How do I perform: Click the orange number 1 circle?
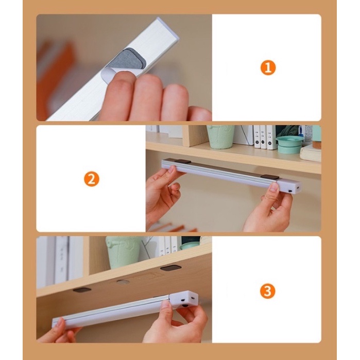(x=268, y=68)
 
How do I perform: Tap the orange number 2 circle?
(x=91, y=179)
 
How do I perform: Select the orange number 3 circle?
(x=268, y=291)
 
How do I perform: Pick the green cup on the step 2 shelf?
(x=220, y=137)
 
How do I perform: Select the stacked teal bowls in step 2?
(x=288, y=145)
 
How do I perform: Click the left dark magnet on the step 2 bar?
(x=182, y=162)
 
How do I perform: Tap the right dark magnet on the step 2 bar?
(x=270, y=177)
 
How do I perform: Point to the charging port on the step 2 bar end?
(x=290, y=191)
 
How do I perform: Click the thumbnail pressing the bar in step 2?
(x=273, y=188)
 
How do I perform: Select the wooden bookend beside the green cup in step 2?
(x=195, y=135)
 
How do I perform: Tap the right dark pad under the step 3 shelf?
(x=170, y=268)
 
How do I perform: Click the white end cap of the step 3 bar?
(x=184, y=299)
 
